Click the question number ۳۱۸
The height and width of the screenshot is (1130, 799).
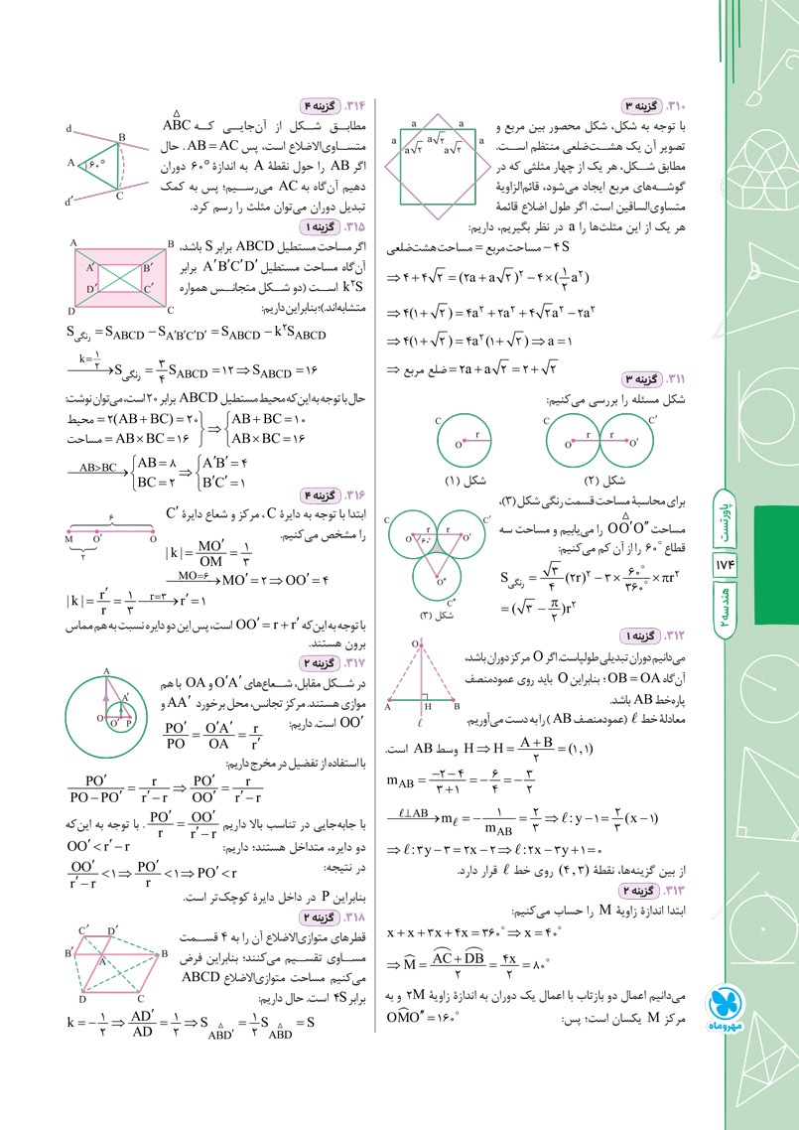[354, 918]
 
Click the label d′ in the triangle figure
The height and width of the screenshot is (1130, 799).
[68, 202]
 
